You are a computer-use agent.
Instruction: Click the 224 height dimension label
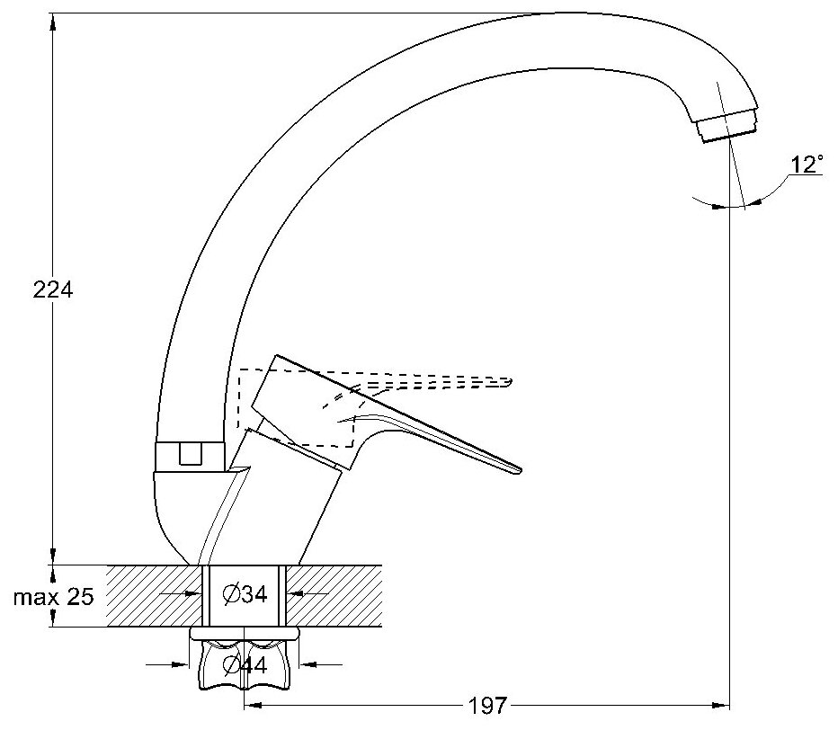52,290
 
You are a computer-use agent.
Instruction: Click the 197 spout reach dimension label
486,705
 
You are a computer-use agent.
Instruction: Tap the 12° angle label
806,165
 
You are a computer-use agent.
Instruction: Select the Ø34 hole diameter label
244,594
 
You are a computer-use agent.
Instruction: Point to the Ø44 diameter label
244,666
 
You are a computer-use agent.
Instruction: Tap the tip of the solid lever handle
517,468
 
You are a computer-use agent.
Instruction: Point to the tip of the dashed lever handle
509,381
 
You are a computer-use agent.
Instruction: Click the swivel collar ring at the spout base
189,456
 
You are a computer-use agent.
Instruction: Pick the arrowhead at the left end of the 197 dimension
251,705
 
